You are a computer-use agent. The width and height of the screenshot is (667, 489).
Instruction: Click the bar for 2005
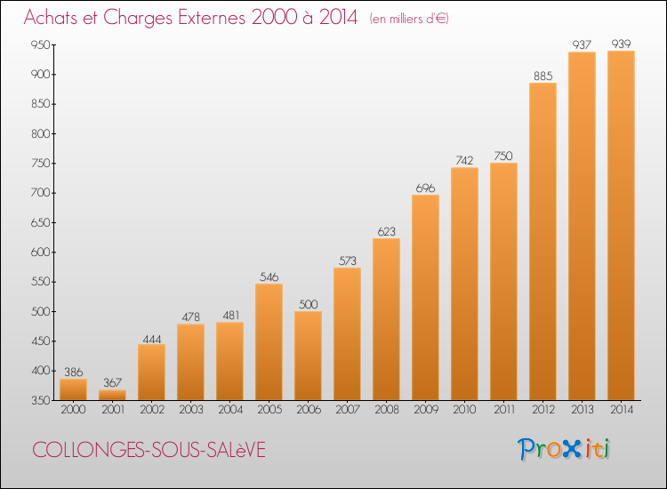click(269, 342)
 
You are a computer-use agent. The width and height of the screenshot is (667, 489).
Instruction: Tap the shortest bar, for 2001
click(112, 395)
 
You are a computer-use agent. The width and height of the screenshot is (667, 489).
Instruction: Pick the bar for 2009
click(425, 298)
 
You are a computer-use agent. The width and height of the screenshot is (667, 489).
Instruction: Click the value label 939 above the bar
click(621, 43)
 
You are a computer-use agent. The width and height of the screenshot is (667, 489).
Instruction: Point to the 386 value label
click(73, 371)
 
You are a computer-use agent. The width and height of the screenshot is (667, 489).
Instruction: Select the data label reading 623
click(386, 230)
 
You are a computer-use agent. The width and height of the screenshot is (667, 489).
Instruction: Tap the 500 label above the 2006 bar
click(308, 303)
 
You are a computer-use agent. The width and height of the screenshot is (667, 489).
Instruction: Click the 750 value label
click(503, 155)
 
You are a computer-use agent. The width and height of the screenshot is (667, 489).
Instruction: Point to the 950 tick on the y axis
click(38, 44)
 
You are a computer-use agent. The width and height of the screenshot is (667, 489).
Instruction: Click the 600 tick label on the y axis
click(38, 253)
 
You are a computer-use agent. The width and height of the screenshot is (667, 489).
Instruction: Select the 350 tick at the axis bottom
click(38, 401)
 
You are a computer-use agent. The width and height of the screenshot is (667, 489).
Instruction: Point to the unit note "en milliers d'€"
click(409, 19)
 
